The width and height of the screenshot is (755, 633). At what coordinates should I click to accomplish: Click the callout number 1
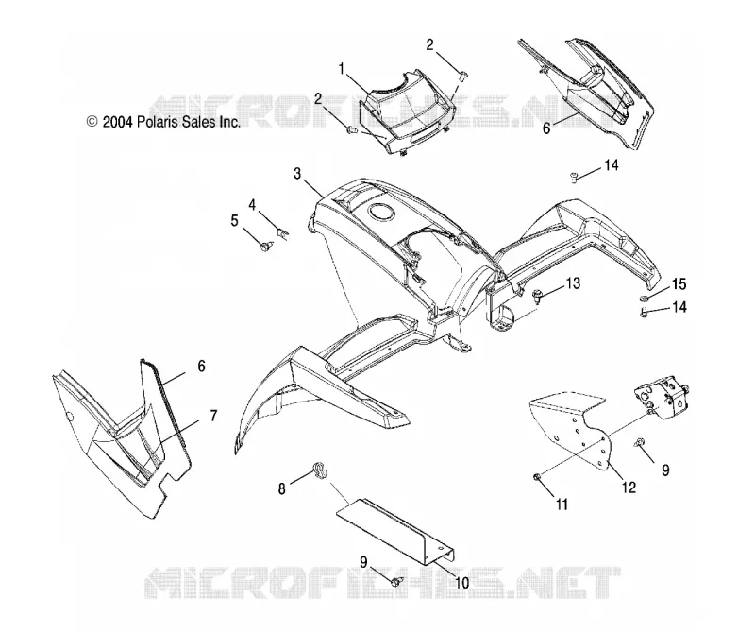pos(342,69)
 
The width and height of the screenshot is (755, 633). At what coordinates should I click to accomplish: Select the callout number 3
pos(297,173)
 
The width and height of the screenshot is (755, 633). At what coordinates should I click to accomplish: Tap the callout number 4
pos(252,204)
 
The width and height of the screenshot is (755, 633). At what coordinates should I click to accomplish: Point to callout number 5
pos(234,221)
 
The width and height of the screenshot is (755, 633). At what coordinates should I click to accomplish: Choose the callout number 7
pos(214,415)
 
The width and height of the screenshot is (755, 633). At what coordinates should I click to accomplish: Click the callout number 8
pos(281,488)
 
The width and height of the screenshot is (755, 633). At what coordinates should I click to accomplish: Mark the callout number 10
pos(461,582)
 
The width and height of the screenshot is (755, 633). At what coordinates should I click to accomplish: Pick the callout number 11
pos(562,505)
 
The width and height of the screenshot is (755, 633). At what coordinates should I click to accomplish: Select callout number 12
pos(629,488)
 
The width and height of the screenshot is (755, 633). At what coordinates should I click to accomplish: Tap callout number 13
pos(573,283)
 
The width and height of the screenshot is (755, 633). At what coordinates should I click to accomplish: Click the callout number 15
pos(679,284)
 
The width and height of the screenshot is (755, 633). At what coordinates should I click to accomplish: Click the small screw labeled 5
pos(265,247)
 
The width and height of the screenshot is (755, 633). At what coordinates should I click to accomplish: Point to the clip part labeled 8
pos(320,468)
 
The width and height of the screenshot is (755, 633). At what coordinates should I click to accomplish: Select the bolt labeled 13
pos(537,295)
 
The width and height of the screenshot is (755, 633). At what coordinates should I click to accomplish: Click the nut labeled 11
pos(537,477)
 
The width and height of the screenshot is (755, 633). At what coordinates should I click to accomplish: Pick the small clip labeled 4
pos(284,232)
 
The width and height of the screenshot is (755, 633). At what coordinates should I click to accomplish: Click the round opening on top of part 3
pos(380,212)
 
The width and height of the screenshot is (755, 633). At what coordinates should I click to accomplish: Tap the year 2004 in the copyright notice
pos(118,122)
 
